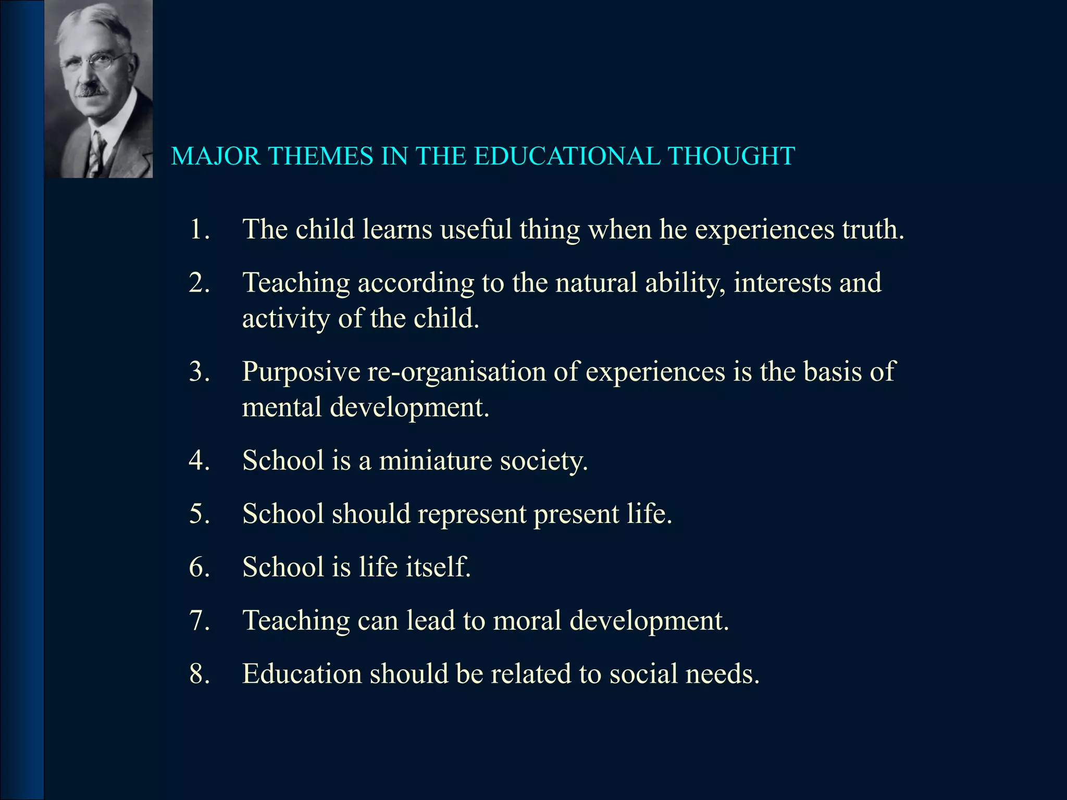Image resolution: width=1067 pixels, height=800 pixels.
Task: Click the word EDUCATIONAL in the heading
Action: click(x=566, y=156)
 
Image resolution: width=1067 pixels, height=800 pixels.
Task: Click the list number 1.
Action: click(x=199, y=229)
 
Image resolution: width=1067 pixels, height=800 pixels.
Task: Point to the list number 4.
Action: click(x=199, y=460)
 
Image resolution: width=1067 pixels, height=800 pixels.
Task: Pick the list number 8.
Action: click(x=199, y=674)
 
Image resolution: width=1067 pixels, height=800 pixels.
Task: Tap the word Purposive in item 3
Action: click(x=301, y=372)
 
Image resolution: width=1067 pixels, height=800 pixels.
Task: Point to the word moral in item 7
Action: click(x=527, y=620)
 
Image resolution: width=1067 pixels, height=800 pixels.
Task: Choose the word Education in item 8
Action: click(x=302, y=674)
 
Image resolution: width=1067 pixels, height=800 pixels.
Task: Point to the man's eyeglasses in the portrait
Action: click(x=94, y=63)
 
